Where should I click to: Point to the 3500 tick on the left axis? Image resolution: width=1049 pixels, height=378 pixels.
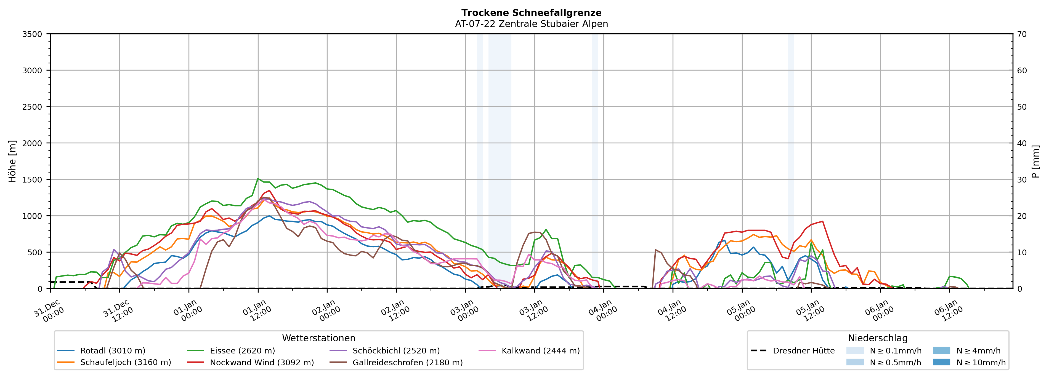32,34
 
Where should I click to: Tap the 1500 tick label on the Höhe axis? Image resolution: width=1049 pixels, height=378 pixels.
32,180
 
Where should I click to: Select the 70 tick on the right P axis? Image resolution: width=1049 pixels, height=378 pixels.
1022,34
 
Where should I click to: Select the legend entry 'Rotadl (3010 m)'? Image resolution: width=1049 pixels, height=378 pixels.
112,351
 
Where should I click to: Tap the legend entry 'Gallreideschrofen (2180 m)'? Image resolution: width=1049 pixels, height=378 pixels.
407,363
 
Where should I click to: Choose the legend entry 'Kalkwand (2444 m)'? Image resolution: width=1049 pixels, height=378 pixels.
540,351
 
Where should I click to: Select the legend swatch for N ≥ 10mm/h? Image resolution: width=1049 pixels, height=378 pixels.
941,362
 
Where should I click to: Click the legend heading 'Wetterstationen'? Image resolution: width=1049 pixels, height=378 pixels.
318,338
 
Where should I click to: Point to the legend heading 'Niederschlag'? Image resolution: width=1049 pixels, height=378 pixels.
878,338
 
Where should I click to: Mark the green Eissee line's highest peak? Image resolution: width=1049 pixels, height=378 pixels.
258,179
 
